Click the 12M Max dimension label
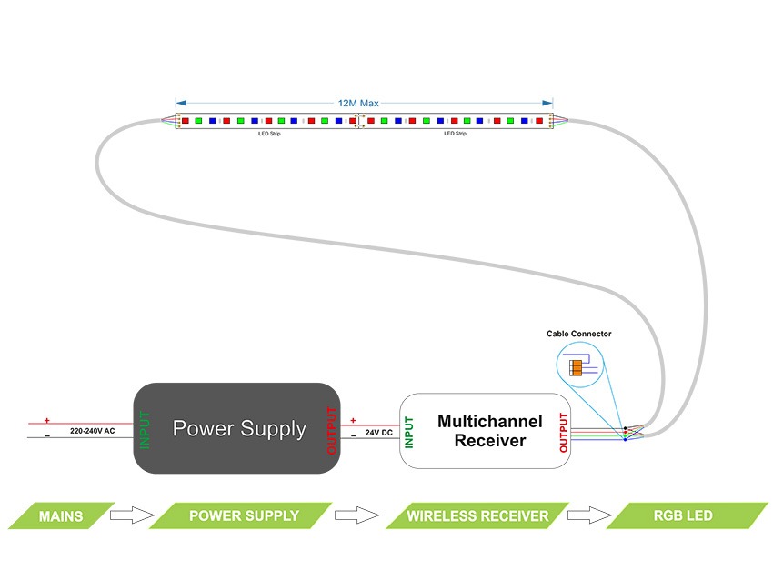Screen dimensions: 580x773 pyautogui.click(x=358, y=104)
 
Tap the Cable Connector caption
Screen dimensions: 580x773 pyautogui.click(x=579, y=335)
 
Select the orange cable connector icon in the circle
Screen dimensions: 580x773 pyautogui.click(x=576, y=367)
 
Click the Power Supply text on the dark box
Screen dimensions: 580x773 pyautogui.click(x=239, y=428)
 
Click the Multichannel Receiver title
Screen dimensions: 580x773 pyautogui.click(x=489, y=431)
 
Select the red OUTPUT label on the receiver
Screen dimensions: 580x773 pyautogui.click(x=565, y=432)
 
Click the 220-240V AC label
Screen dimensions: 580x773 pyautogui.click(x=93, y=430)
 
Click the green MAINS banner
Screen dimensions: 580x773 pyautogui.click(x=61, y=516)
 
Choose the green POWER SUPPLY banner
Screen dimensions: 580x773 pyautogui.click(x=243, y=515)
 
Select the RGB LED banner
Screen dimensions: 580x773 pyautogui.click(x=682, y=515)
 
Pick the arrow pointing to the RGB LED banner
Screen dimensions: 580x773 pyautogui.click(x=584, y=515)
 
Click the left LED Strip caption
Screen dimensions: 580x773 pyautogui.click(x=270, y=134)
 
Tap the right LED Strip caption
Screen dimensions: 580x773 pyautogui.click(x=455, y=134)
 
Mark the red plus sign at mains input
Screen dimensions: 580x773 pyautogui.click(x=46, y=420)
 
